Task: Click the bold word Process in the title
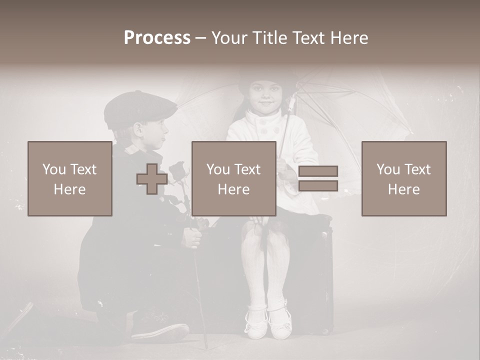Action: [x=157, y=37]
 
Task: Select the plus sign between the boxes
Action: [x=152, y=179]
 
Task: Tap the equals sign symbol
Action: [x=318, y=179]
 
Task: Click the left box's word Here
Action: [x=69, y=189]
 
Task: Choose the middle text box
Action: [x=234, y=179]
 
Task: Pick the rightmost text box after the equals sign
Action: [x=404, y=179]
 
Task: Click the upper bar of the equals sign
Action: [x=318, y=171]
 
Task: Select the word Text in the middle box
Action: [x=248, y=169]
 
